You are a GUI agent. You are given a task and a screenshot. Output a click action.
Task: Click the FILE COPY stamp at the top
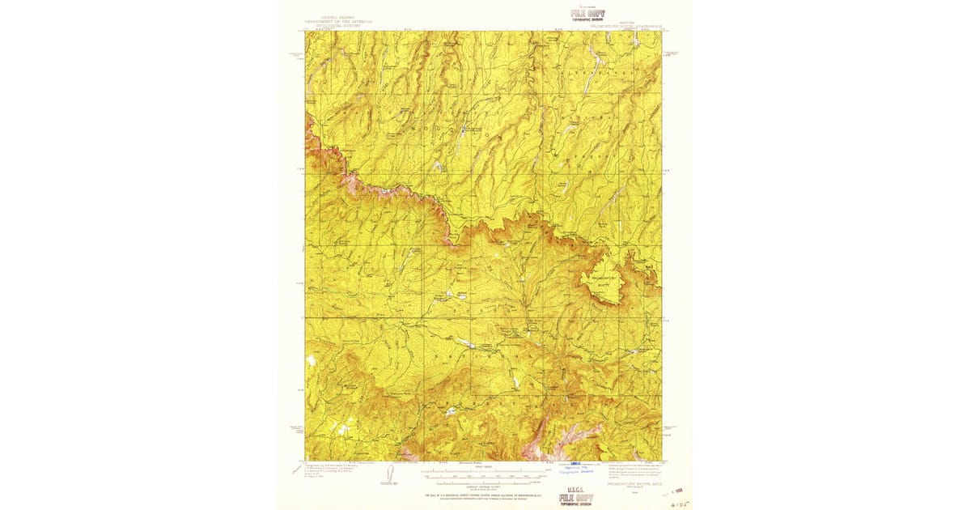[x=587, y=14]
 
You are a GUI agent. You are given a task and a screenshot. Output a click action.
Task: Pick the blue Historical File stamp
[x=575, y=470]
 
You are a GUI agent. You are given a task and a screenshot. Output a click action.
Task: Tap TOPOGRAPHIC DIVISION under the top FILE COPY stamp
[x=587, y=21]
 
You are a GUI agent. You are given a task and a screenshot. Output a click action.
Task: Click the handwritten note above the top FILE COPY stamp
[x=586, y=5]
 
